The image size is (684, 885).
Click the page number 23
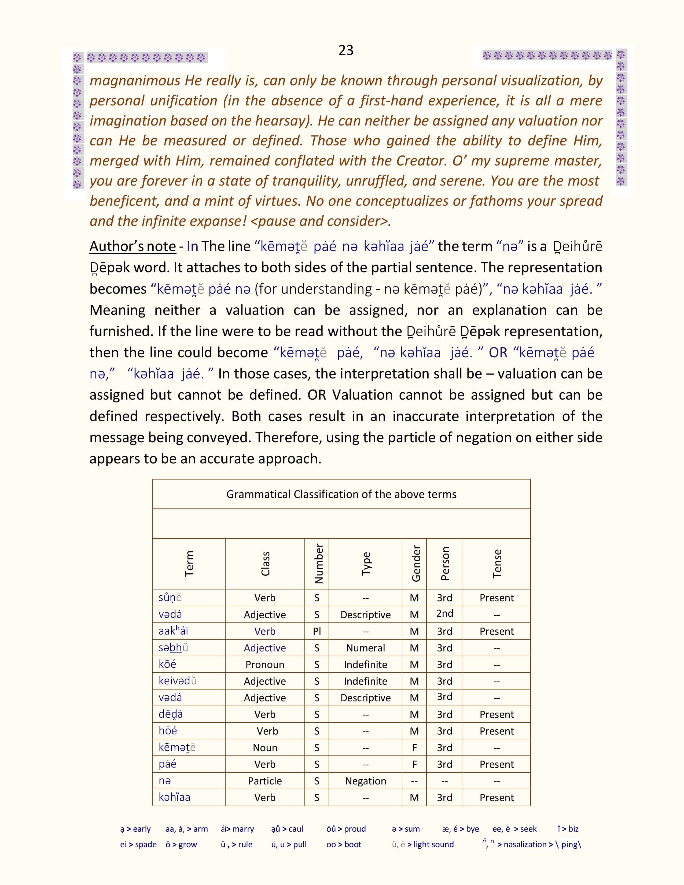click(x=346, y=50)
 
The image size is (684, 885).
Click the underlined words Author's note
click(x=133, y=246)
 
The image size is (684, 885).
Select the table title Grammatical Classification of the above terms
click(x=341, y=494)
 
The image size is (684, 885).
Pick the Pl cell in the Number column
click(x=317, y=631)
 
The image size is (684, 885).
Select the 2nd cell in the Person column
click(x=444, y=614)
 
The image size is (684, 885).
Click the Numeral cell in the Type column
click(x=366, y=648)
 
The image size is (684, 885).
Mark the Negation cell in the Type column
click(x=366, y=781)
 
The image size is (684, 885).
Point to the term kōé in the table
click(x=167, y=664)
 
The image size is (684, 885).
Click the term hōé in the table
click(x=168, y=731)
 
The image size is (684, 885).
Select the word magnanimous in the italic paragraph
click(x=135, y=81)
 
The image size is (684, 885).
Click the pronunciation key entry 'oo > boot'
click(x=344, y=845)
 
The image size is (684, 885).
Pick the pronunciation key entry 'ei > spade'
click(x=138, y=845)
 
